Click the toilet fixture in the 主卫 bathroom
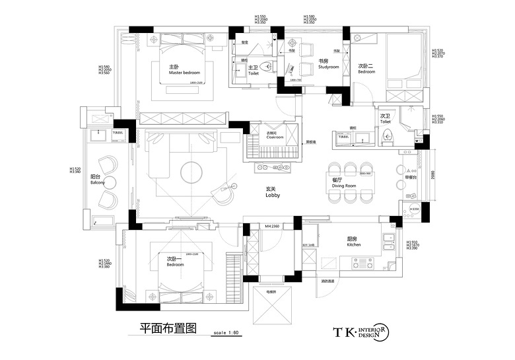[267, 66]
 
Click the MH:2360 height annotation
[273, 227]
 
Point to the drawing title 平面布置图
[164, 328]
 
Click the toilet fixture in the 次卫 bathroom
[388, 137]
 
